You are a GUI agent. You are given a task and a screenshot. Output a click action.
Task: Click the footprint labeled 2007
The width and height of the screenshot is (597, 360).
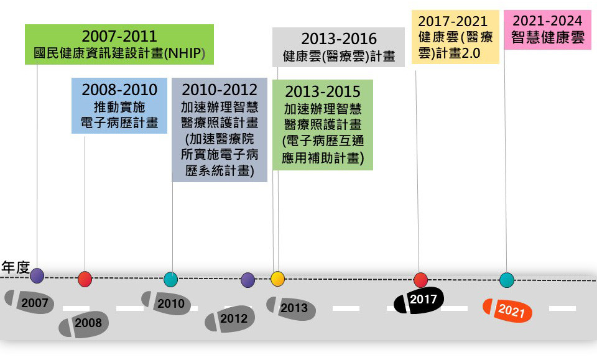(x=29, y=302)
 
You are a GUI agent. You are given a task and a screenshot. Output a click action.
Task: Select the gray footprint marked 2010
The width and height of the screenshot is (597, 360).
(x=166, y=303)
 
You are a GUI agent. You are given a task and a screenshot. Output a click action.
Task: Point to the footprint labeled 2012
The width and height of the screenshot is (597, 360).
(x=229, y=318)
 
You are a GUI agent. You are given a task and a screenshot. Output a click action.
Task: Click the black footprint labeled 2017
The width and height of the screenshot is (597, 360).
(x=419, y=300)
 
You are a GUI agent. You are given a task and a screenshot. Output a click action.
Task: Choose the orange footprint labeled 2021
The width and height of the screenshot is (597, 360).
(x=507, y=310)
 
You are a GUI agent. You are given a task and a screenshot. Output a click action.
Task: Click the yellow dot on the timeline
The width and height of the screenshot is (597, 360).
(x=277, y=279)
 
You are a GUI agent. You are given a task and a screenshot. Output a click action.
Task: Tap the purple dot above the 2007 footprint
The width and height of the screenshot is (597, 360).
(x=37, y=275)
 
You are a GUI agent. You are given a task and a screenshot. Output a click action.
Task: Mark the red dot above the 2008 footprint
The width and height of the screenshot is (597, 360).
(x=85, y=279)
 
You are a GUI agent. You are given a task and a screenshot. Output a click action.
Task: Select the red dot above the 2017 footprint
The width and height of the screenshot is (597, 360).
(x=420, y=280)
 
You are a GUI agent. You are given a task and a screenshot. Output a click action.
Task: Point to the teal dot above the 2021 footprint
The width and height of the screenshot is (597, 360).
(x=507, y=280)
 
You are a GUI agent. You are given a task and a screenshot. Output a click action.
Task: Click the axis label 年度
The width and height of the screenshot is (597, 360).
(x=16, y=267)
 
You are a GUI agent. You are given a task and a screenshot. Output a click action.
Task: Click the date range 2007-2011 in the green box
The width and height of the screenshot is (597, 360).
(x=119, y=35)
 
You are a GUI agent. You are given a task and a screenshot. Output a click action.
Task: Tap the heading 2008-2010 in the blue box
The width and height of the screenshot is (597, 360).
(x=119, y=88)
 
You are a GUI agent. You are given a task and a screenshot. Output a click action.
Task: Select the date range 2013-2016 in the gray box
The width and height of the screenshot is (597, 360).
(x=339, y=40)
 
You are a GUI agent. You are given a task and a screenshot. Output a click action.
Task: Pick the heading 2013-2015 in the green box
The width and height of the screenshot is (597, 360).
(x=322, y=91)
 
